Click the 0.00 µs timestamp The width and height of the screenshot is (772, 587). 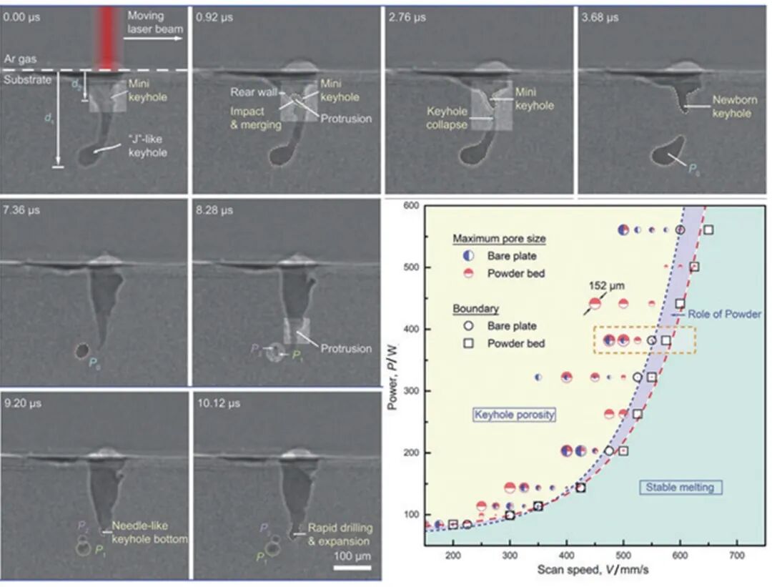pyautogui.click(x=20, y=16)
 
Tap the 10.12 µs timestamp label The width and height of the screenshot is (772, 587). pyautogui.click(x=217, y=404)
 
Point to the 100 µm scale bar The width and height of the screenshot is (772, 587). pyautogui.click(x=352, y=568)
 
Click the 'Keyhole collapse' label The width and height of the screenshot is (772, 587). pyautogui.click(x=446, y=118)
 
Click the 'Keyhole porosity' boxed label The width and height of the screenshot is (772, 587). pyautogui.click(x=515, y=415)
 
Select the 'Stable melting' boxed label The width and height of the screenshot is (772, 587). pyautogui.click(x=680, y=488)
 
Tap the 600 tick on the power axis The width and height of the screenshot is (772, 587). pyautogui.click(x=410, y=206)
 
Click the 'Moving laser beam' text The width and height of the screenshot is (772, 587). pyautogui.click(x=155, y=22)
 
